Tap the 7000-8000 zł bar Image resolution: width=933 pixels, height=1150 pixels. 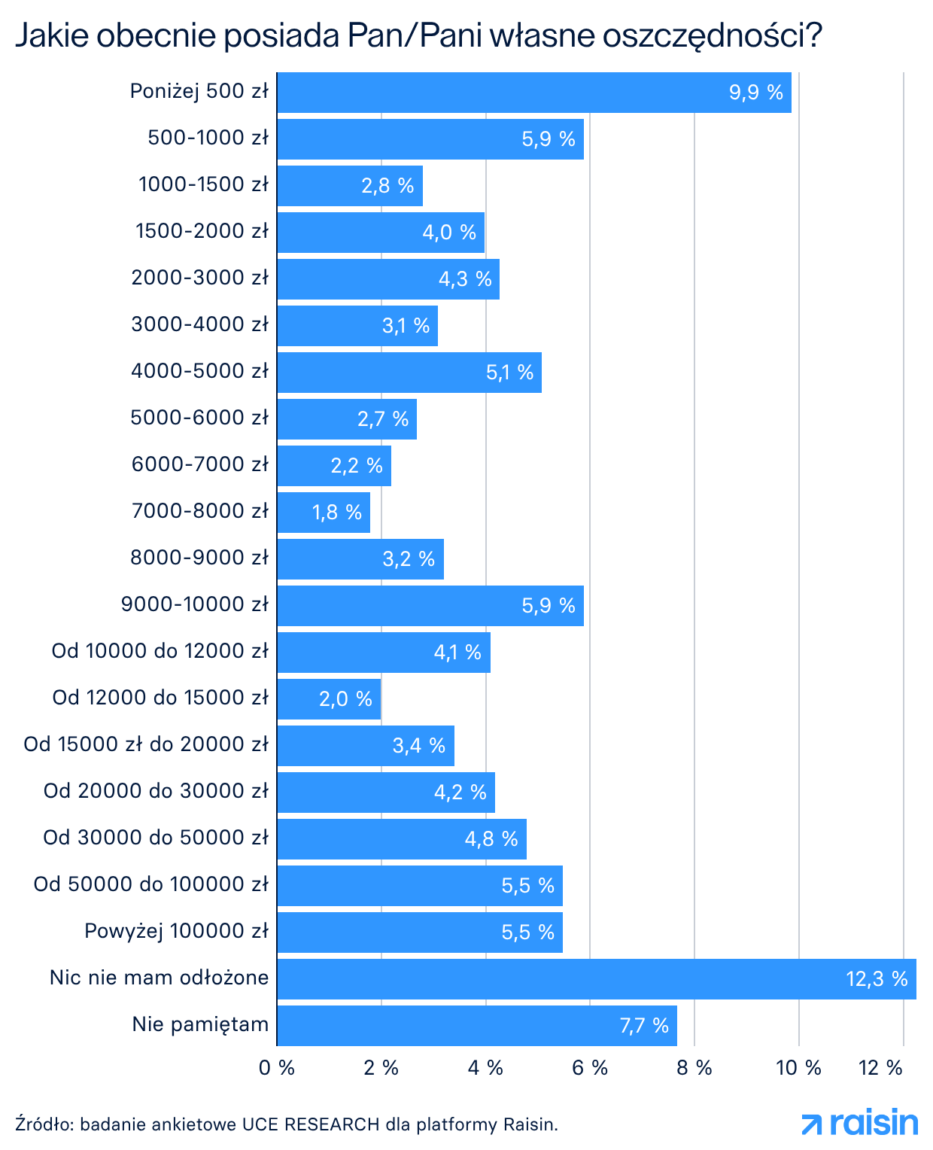324,513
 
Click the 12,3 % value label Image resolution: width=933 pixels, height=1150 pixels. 877,979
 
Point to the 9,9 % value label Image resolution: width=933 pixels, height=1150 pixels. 755,93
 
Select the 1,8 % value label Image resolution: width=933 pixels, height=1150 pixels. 337,513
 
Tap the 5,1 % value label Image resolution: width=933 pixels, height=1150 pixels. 509,373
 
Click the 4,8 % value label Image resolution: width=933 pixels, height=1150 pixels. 491,839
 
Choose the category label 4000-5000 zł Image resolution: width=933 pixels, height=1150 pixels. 199,371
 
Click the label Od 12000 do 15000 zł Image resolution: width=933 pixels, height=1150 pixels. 160,698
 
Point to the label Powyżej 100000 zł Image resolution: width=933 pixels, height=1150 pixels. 176,931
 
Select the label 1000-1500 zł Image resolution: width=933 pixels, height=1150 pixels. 203,184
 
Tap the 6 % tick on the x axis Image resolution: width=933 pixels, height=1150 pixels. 590,1068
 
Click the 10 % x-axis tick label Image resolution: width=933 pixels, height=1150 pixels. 798,1068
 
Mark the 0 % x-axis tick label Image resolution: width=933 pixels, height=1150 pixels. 277,1068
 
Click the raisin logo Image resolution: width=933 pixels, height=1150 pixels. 860,1124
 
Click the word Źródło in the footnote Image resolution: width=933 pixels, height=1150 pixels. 43,1124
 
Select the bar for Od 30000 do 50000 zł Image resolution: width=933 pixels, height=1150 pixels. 402,839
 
